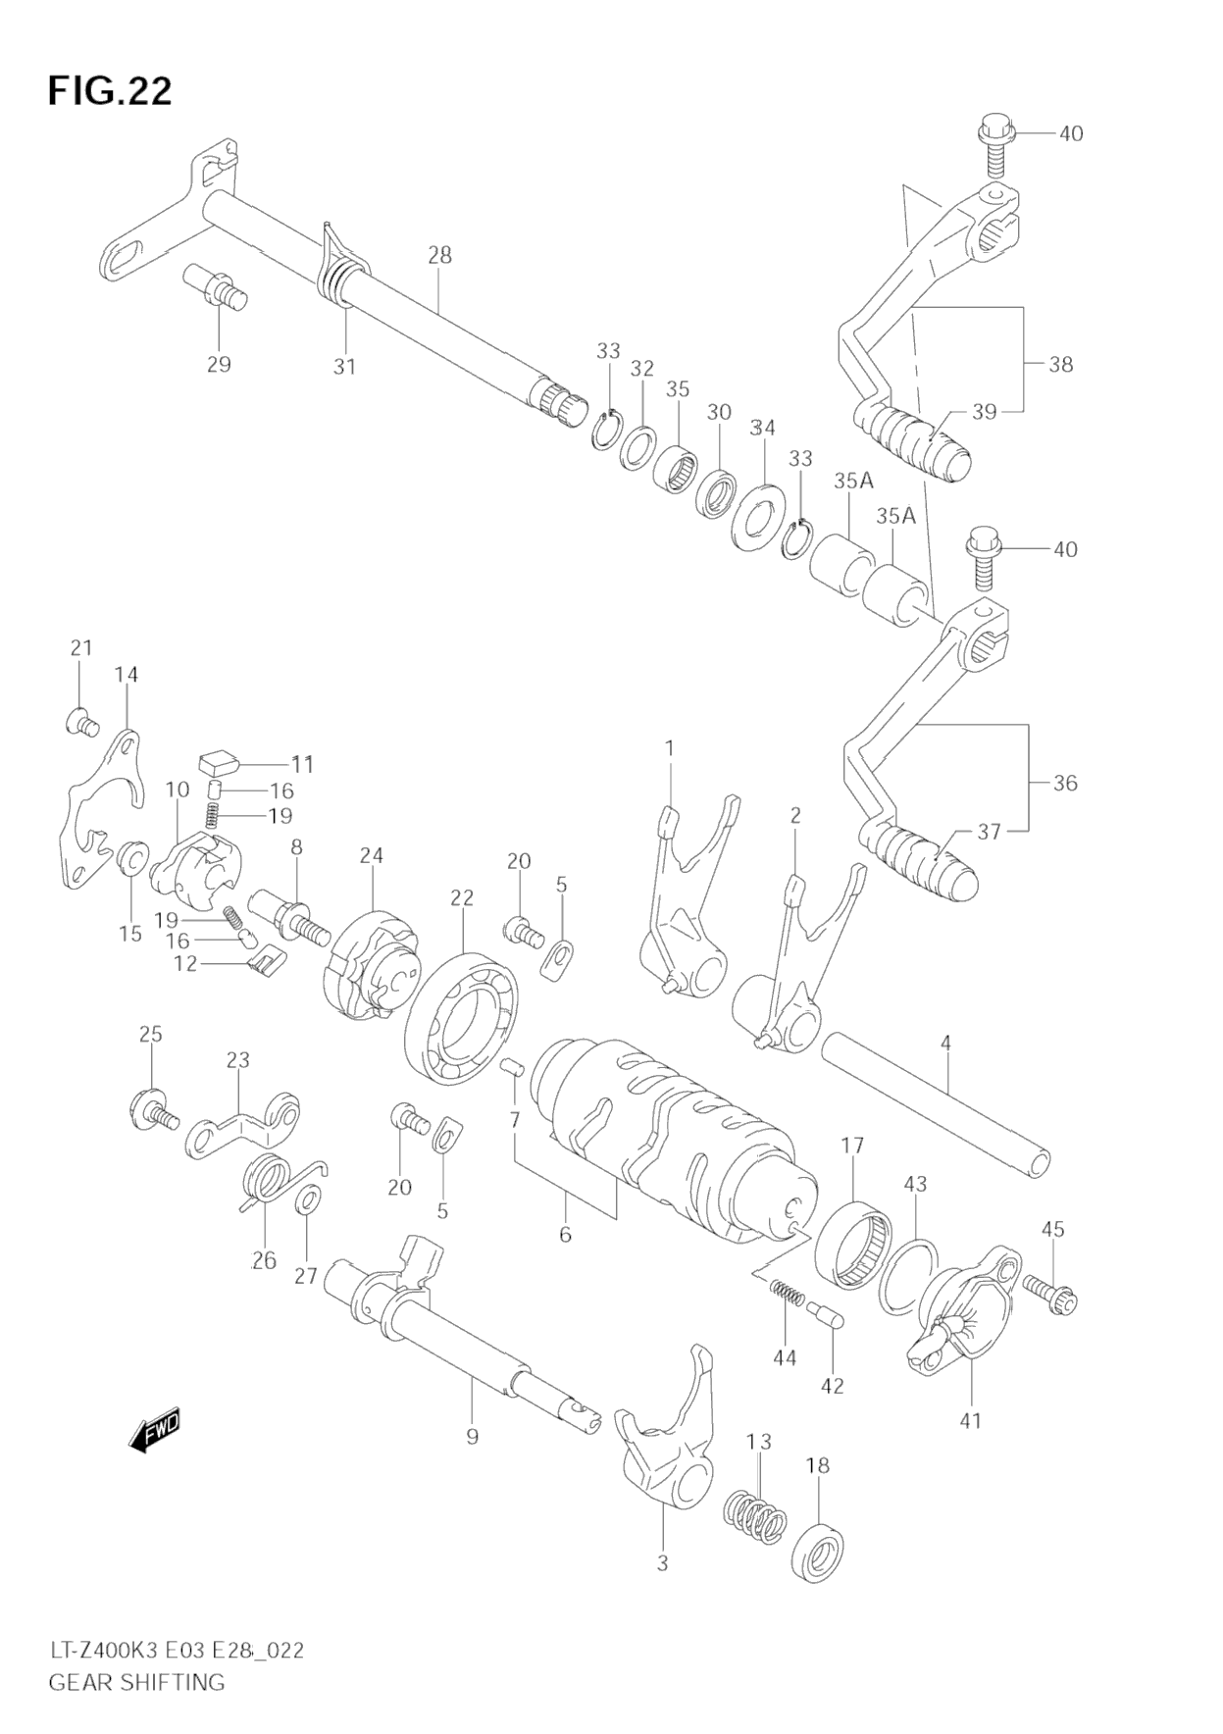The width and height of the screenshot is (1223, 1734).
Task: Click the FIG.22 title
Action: (110, 91)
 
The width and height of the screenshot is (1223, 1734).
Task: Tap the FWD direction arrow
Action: (154, 1431)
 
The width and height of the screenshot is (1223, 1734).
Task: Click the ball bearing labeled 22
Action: (463, 1017)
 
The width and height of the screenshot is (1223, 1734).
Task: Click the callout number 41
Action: (971, 1419)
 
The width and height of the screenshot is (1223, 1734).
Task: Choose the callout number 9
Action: (473, 1436)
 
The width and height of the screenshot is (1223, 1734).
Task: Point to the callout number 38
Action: (1061, 365)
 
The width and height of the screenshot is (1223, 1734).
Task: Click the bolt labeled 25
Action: (154, 1108)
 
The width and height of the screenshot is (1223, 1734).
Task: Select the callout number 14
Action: (126, 675)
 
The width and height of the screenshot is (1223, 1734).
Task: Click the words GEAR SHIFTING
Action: (136, 1682)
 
